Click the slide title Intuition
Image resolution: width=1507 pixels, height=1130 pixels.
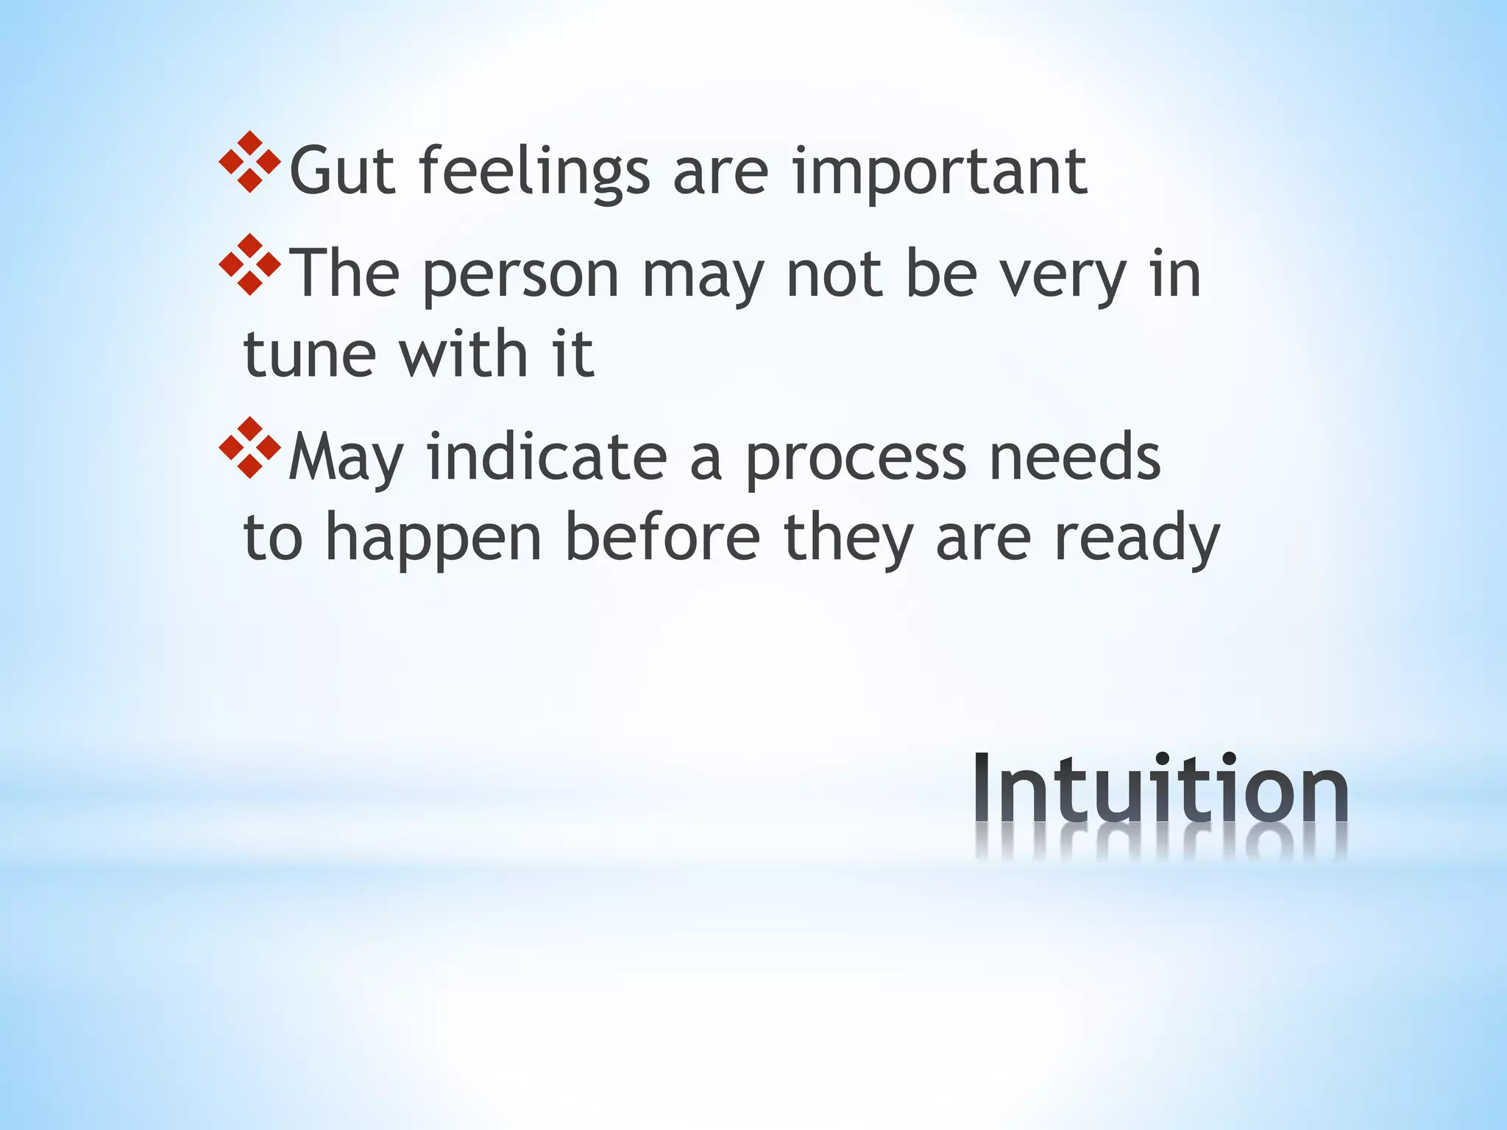pyautogui.click(x=1160, y=791)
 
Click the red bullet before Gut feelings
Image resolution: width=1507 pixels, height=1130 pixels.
pyautogui.click(x=250, y=162)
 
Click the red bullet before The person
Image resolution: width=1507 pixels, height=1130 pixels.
pyautogui.click(x=250, y=265)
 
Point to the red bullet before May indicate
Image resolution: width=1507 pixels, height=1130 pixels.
pyautogui.click(x=250, y=448)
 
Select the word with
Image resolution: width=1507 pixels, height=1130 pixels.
pyautogui.click(x=464, y=355)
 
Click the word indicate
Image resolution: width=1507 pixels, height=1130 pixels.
pyautogui.click(x=547, y=458)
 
